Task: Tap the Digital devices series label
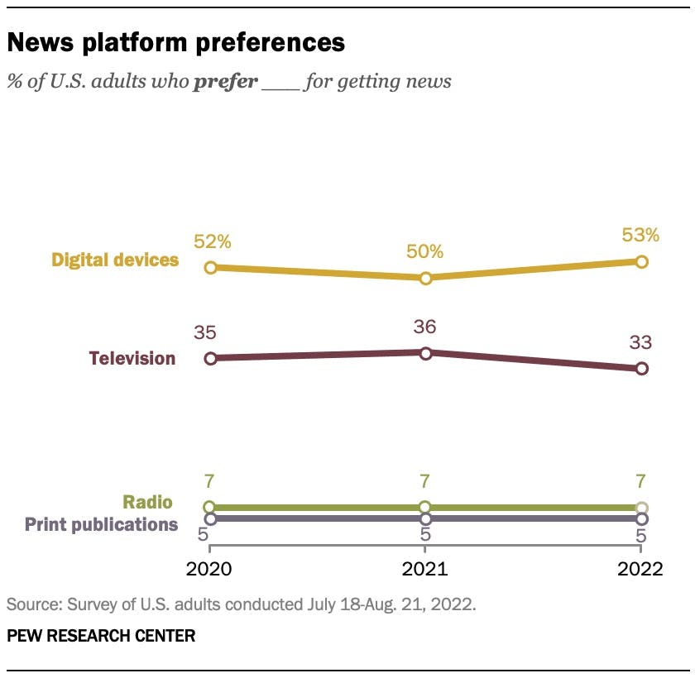[x=115, y=260]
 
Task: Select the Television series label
[x=132, y=358]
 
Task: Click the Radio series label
[x=147, y=502]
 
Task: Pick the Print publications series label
[x=101, y=523]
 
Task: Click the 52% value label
[x=213, y=241]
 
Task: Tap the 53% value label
[x=641, y=236]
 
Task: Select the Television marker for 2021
[x=425, y=353]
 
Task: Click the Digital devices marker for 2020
[x=210, y=267]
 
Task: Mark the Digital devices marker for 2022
[x=641, y=261]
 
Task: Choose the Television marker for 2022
[x=641, y=369]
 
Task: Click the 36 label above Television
[x=425, y=327]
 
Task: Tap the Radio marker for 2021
[x=425, y=507]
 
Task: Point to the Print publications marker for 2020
[x=210, y=518]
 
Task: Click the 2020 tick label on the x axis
[x=210, y=569]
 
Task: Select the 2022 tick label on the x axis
[x=641, y=569]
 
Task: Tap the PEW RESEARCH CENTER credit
[x=101, y=636]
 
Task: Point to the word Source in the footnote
[x=31, y=604]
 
